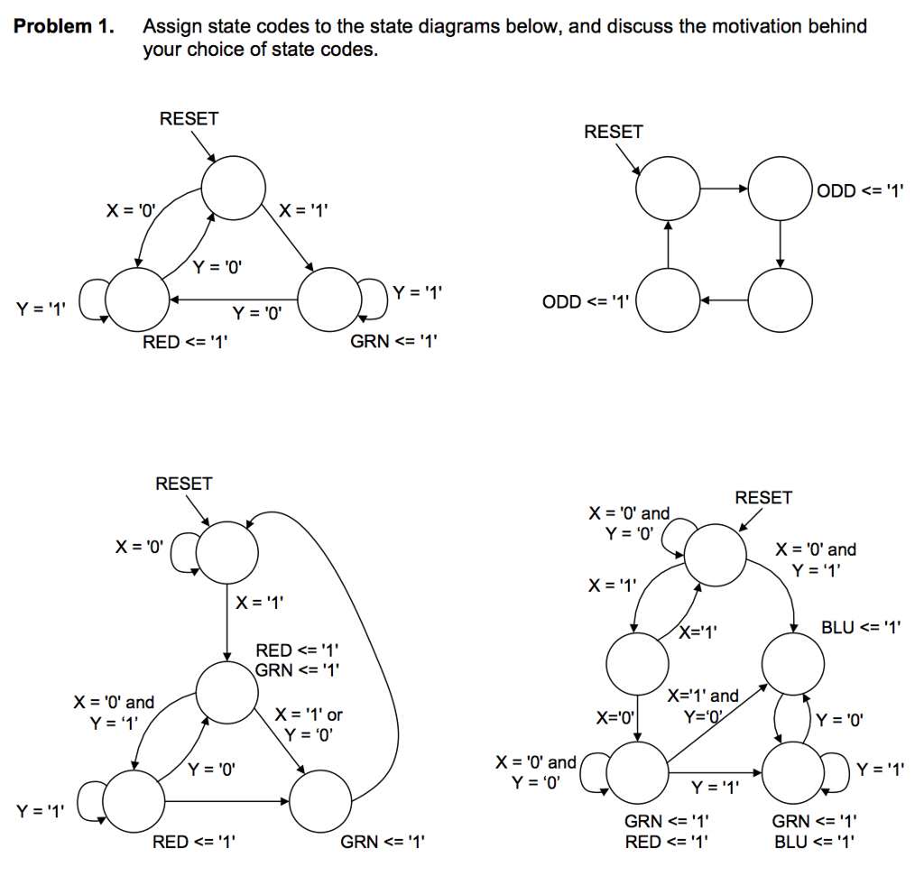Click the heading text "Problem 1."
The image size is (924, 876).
(64, 26)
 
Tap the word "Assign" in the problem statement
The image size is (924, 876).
(171, 26)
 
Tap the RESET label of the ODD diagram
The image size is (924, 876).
(614, 132)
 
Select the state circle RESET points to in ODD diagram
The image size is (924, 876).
(668, 189)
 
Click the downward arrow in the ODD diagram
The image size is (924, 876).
(780, 243)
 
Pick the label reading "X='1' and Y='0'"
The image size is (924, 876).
(703, 706)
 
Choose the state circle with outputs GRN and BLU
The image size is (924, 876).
(795, 772)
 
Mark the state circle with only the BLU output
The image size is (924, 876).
(793, 665)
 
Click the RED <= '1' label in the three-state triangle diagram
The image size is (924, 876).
(185, 342)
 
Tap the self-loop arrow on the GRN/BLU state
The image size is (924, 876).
(835, 772)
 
